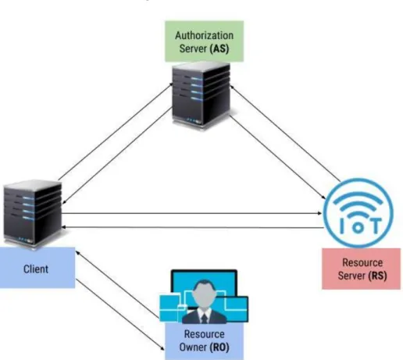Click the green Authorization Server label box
pos(205,41)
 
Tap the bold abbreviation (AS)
pos(219,48)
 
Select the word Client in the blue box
pos(36,269)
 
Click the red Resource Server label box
pos(362,269)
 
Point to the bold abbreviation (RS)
pos(377,276)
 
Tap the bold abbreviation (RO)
pos(219,347)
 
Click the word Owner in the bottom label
pos(193,347)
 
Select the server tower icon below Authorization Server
pos(201,95)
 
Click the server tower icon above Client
pos(33,214)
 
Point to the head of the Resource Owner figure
pos(205,293)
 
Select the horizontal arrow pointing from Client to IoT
pos(192,213)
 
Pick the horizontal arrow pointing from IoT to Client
pos(193,228)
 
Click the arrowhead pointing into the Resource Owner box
pos(162,348)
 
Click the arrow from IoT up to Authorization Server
pos(285,133)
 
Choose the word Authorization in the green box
pos(205,36)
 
